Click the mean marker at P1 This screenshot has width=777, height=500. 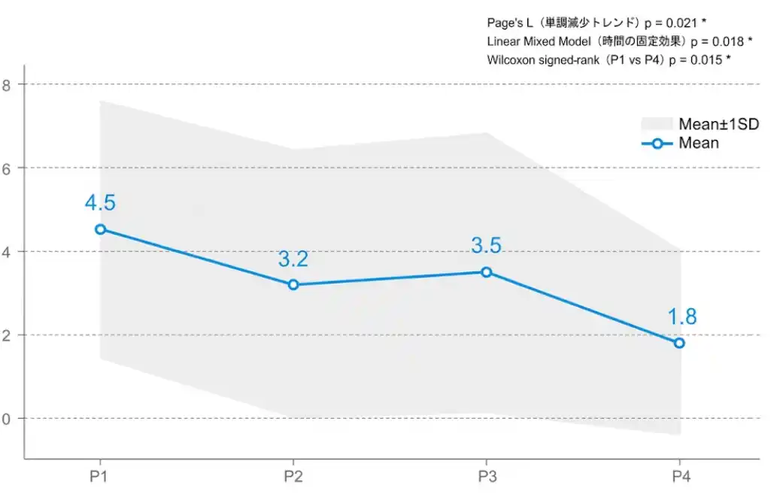point(100,229)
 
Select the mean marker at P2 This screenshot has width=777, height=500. point(293,284)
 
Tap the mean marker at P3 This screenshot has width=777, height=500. point(487,272)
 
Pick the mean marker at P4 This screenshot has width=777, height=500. point(679,343)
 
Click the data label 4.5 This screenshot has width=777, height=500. point(100,203)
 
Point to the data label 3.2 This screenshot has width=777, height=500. point(293,259)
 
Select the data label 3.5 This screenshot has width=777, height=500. point(486,246)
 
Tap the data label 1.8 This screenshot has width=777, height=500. point(682,317)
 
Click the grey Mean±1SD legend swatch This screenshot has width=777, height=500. point(656,124)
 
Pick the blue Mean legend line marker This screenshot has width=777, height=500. point(657,144)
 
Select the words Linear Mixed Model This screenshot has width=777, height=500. point(539,41)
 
